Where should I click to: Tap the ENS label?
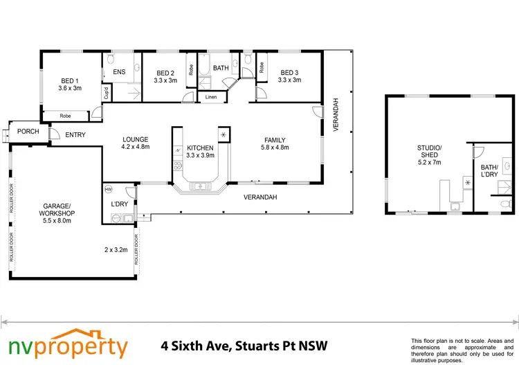(x=118, y=72)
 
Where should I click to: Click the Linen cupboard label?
(x=211, y=97)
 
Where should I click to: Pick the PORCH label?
(x=28, y=132)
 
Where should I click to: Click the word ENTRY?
(x=75, y=134)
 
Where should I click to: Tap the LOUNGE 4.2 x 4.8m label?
(x=136, y=143)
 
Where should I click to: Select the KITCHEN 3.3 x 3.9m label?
(x=201, y=152)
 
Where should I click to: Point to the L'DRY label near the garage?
(x=118, y=205)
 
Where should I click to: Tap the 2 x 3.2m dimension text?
(x=116, y=249)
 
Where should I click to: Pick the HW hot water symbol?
(x=109, y=188)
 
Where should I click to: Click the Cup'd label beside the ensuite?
(x=106, y=94)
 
